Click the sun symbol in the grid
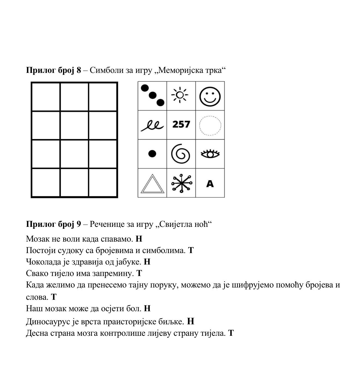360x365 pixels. coord(180,95)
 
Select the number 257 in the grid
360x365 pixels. coord(181,124)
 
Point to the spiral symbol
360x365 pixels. coord(181,154)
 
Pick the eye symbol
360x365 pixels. coord(210,154)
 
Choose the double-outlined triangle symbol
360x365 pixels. coord(152,184)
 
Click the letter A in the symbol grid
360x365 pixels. coord(210,184)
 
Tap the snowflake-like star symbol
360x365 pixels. coord(181,183)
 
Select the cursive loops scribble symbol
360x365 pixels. coord(152,126)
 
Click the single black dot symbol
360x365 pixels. coord(152,154)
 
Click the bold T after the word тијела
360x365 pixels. coord(231,333)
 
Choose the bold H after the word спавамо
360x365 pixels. coord(139,239)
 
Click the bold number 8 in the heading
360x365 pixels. coord(79,70)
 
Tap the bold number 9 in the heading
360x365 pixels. coord(79,224)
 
